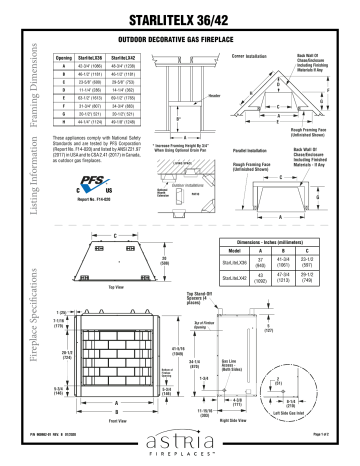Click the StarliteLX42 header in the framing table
130,59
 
